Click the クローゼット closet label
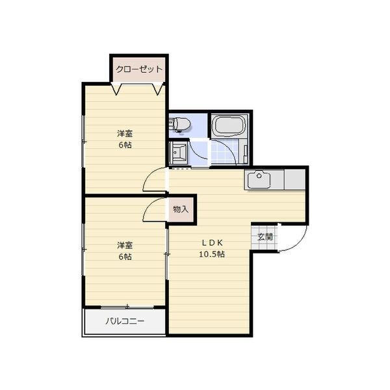[139, 69]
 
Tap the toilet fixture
[179, 124]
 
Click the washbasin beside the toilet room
[178, 153]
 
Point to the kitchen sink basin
[259, 180]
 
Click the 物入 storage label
[181, 209]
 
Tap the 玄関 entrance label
[265, 237]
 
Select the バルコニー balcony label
[125, 321]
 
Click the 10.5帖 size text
[212, 254]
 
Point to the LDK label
[212, 242]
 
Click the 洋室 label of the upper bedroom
[125, 133]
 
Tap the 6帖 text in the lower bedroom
[125, 257]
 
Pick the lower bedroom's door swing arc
[148, 205]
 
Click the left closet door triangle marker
[116, 89]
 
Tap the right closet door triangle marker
[158, 89]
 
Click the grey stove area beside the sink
[294, 179]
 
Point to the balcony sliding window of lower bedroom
[127, 307]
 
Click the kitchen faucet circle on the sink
[259, 176]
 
